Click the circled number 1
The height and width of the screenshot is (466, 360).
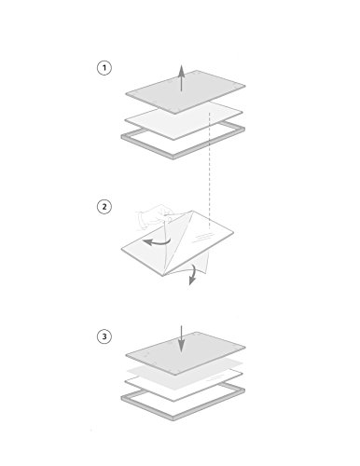point(104,68)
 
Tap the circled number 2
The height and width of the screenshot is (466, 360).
point(104,207)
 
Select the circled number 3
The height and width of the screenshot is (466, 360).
point(104,336)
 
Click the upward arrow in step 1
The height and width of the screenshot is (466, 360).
point(181,78)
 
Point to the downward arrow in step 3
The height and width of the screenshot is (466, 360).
point(181,338)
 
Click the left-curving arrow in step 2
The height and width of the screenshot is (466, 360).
point(158,242)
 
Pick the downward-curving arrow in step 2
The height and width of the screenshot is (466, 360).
point(193,274)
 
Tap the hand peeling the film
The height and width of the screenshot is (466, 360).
point(153,216)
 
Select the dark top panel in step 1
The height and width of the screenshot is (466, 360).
point(186,92)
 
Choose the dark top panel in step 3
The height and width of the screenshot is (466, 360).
point(186,353)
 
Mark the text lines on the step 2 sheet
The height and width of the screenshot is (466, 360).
point(202,238)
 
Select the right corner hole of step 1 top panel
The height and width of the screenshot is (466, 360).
point(235,85)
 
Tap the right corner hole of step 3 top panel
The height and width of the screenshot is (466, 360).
point(235,346)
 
